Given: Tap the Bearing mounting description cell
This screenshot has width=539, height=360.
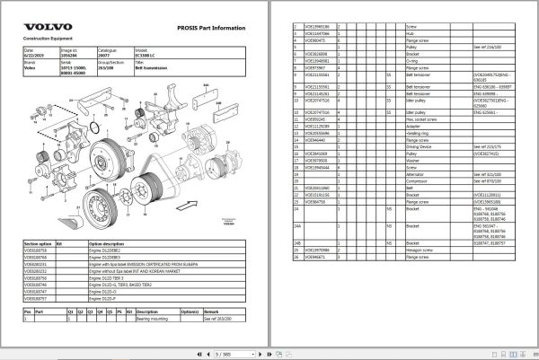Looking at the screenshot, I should tap(154, 318).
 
